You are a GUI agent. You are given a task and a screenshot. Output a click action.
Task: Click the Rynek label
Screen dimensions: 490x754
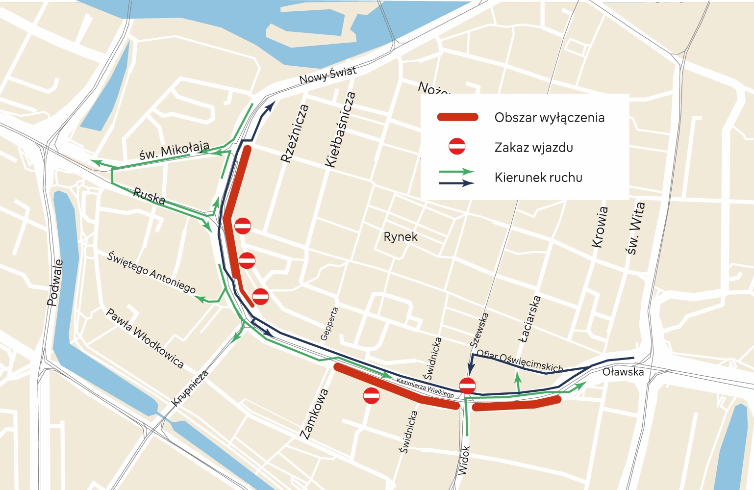[401, 237]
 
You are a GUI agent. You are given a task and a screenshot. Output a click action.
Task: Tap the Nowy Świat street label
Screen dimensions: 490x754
[327, 75]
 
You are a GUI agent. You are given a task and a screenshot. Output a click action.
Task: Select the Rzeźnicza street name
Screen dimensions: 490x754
[295, 133]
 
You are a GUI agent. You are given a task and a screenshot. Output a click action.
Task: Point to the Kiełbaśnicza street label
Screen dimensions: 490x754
[341, 129]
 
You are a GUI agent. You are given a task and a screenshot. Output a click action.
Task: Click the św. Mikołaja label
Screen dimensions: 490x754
[174, 151]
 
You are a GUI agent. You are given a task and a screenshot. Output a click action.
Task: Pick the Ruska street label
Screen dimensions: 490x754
[149, 196]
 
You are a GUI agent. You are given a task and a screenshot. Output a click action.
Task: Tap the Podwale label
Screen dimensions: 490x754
[55, 283]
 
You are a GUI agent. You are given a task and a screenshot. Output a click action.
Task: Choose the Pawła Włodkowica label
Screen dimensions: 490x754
[145, 338]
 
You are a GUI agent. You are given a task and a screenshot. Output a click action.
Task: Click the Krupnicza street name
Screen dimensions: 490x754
[190, 388]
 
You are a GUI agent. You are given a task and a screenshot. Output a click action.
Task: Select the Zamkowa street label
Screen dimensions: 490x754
[314, 413]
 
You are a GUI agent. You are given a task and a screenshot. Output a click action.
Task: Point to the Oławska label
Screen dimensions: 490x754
[623, 372]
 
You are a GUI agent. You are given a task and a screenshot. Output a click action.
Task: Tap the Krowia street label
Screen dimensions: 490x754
[600, 227]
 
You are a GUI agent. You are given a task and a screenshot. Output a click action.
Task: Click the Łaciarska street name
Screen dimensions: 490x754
[530, 319]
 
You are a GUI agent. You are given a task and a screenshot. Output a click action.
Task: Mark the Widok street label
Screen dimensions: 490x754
[464, 460]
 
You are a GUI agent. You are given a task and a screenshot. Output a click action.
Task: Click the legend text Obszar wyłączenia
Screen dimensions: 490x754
[549, 118]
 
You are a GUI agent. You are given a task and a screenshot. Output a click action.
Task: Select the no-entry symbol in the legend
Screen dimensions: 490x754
[457, 147]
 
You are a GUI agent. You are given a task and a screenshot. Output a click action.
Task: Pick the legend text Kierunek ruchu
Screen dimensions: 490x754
[538, 178]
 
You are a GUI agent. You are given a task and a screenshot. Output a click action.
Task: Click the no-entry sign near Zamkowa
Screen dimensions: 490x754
[371, 395]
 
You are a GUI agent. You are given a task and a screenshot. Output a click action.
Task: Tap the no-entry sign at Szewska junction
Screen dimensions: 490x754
[467, 386]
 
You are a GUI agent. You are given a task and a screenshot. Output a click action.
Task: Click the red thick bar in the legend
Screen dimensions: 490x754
[457, 117]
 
